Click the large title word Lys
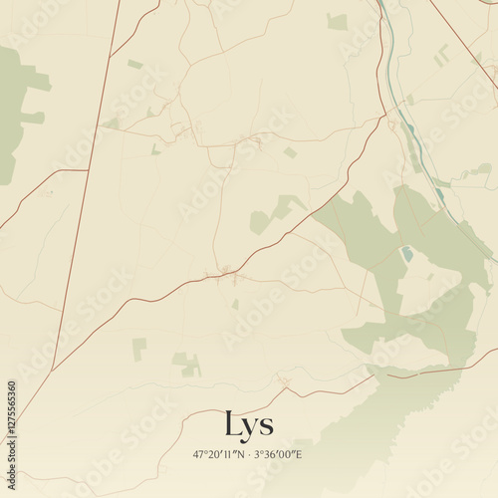[249, 425]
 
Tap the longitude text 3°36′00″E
[278, 454]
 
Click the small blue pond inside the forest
[406, 254]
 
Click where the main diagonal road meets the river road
[384, 117]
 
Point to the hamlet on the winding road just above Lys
[285, 381]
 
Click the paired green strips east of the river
[441, 56]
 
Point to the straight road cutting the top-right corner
[463, 30]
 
